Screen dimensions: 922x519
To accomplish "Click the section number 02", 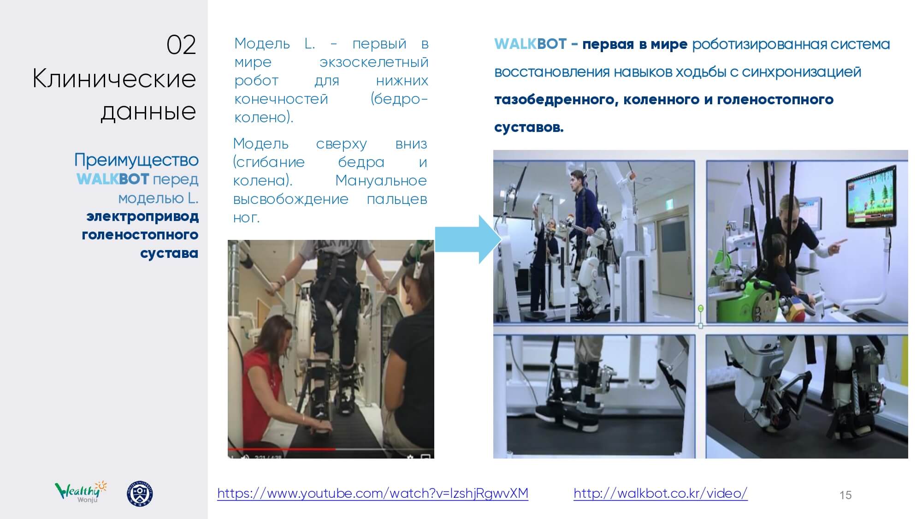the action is point(181,45).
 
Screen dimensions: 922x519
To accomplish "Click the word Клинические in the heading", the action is point(114,79).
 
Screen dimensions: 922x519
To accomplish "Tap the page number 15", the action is point(845,495).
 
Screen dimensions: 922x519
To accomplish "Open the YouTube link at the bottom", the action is point(372,493).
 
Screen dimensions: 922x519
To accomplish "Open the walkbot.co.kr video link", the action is point(660,493).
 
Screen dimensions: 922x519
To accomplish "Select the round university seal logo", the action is point(140,494).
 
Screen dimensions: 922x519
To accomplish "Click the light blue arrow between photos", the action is point(468,239).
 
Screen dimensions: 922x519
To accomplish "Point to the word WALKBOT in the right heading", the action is point(530,44).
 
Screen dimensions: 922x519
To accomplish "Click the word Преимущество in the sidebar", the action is point(136,160).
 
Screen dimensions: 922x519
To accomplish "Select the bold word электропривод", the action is point(142,216).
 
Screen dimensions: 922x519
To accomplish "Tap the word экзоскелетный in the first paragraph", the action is point(374,62).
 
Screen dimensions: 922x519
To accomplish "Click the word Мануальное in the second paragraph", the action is point(381,180).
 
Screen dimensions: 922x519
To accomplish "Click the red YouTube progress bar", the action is point(282,448).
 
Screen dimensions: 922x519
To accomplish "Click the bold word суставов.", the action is point(529,127).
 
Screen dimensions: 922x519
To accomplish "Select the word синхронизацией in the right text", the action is point(802,72).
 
